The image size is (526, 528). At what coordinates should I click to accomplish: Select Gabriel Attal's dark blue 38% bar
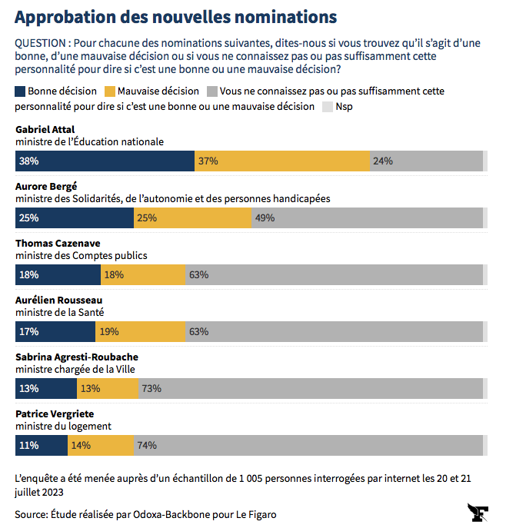click(x=105, y=161)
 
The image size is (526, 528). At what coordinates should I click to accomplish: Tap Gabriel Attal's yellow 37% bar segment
click(x=282, y=161)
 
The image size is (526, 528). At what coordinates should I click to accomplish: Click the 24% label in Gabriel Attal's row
click(x=382, y=161)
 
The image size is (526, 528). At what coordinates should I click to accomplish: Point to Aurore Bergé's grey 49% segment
click(x=367, y=218)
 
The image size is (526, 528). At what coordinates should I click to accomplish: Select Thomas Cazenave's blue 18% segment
click(x=58, y=274)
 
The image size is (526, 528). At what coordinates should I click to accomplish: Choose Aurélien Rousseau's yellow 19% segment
click(x=141, y=331)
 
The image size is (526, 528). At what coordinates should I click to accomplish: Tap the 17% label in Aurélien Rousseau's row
click(x=29, y=331)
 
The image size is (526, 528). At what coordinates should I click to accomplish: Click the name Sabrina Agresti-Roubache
click(x=77, y=357)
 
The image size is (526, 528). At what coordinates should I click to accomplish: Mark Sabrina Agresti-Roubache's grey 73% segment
click(x=310, y=388)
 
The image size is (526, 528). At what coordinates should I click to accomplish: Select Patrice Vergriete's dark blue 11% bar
click(x=42, y=445)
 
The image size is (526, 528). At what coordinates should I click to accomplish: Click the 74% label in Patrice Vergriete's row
click(x=146, y=445)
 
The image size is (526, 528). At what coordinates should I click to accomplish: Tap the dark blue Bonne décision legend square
click(x=20, y=91)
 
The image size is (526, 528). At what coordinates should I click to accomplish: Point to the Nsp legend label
click(x=344, y=107)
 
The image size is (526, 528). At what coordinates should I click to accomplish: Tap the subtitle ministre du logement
click(x=64, y=426)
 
